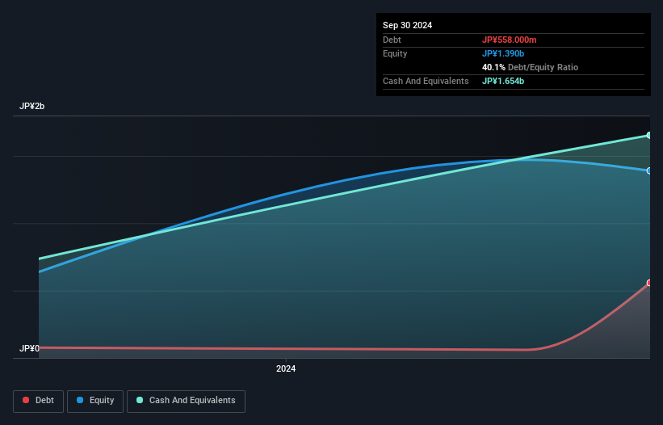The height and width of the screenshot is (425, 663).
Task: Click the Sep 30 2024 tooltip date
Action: coord(407,25)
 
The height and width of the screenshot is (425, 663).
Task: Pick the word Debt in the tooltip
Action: coord(392,40)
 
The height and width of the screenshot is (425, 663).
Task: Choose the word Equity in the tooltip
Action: coord(395,53)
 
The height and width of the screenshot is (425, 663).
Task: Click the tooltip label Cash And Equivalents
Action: coord(426,81)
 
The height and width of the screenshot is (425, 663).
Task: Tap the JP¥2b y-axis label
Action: coord(33,107)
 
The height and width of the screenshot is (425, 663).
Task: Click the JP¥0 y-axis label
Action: coord(30,349)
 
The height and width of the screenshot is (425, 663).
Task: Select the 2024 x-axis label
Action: coord(286,369)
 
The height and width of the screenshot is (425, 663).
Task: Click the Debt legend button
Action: coord(38,401)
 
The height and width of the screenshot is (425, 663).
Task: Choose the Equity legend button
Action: coord(96,401)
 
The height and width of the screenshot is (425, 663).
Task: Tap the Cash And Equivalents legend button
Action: coord(186,401)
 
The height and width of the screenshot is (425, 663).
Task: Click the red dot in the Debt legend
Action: coord(27,401)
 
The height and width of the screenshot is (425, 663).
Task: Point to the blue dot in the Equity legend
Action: coord(81,401)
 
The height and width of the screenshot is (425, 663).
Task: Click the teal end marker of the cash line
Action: coord(649,135)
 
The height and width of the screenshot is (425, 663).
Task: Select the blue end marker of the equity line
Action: coord(649,170)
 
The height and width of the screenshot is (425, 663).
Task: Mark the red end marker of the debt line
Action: coord(649,283)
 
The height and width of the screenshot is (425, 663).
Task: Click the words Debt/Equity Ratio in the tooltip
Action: coord(543,67)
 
